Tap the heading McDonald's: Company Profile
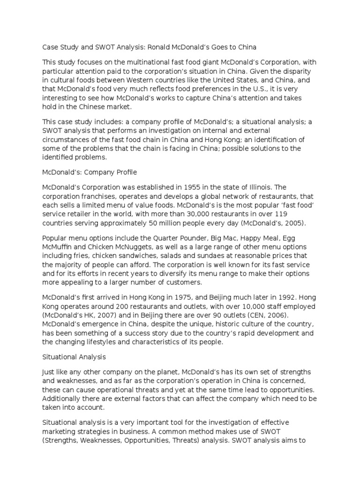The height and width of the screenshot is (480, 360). coord(90,172)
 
